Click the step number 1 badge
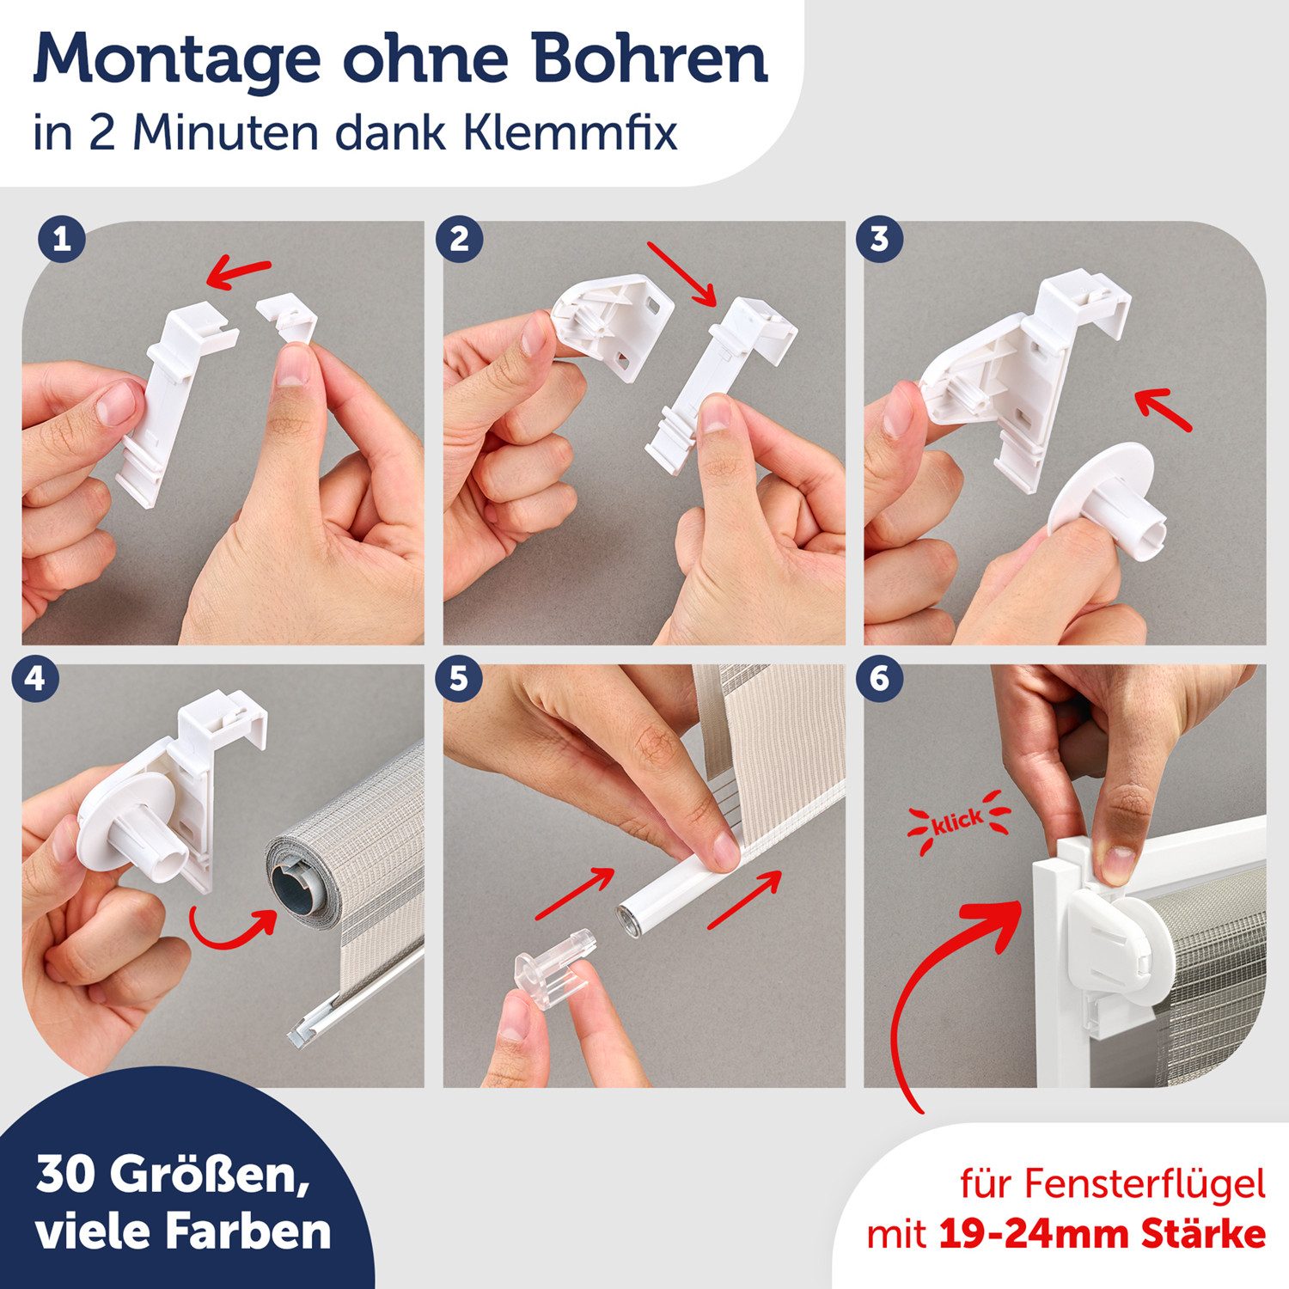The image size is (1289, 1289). pyautogui.click(x=61, y=239)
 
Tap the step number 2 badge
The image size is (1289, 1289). pyautogui.click(x=459, y=239)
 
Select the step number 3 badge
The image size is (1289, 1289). pyautogui.click(x=879, y=239)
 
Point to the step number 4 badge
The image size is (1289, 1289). pyautogui.click(x=35, y=679)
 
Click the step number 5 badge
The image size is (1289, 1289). pyautogui.click(x=459, y=679)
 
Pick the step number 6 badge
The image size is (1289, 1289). pyautogui.click(x=879, y=679)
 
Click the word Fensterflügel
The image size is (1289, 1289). pyautogui.click(x=1144, y=1185)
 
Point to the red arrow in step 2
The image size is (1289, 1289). pyautogui.click(x=682, y=273)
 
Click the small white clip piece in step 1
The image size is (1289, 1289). pyautogui.click(x=288, y=316)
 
